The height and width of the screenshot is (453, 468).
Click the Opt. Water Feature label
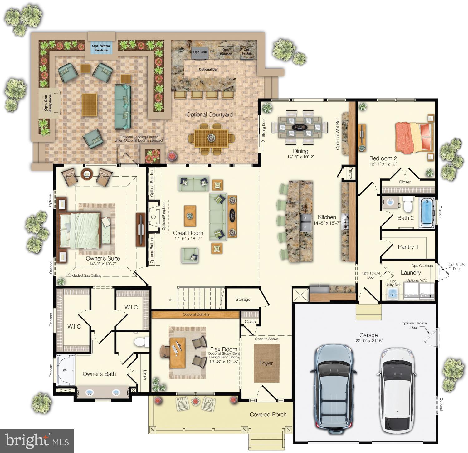[101, 48]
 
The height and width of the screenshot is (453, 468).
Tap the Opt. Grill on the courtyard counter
[200, 52]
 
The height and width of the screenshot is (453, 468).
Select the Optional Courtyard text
[209, 114]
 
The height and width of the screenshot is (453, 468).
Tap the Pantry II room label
[408, 247]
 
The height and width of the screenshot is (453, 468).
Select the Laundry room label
[411, 272]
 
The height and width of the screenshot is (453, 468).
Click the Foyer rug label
[266, 363]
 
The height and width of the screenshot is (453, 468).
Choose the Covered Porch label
[268, 415]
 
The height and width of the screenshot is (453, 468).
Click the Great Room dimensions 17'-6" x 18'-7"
[188, 239]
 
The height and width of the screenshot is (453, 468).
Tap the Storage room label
[243, 299]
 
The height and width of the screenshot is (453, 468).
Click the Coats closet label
[250, 322]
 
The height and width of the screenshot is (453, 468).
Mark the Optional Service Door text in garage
[414, 325]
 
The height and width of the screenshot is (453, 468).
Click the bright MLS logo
[37, 441]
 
